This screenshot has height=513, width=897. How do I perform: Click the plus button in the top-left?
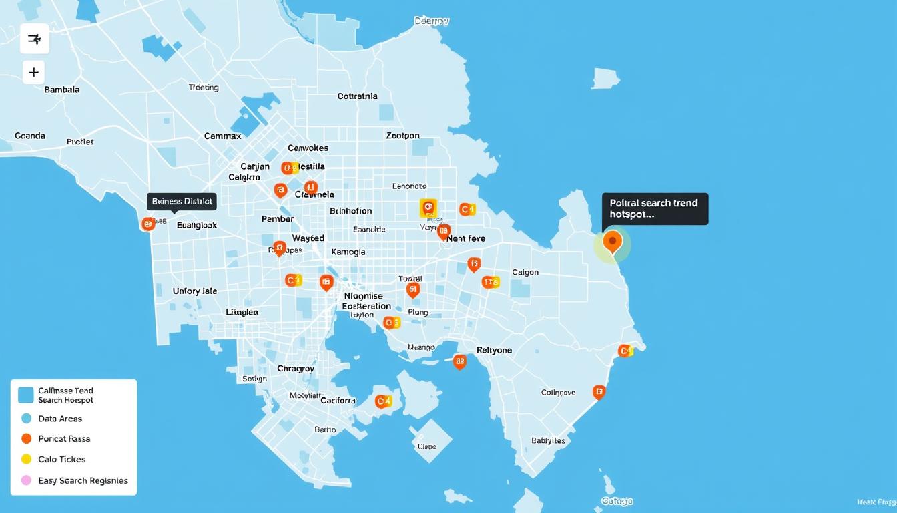33,72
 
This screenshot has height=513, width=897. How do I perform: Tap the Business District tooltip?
182,201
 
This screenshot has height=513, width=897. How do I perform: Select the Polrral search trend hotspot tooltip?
654,209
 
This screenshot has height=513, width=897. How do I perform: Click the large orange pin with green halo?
612,242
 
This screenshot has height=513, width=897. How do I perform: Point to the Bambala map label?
62,89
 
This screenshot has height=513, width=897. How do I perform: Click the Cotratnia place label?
357,96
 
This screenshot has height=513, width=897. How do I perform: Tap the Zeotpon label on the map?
402,136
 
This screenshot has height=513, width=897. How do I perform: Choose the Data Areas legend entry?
60,419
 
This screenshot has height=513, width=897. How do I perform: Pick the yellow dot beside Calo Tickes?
27,459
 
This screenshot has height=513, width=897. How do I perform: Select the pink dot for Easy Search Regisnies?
27,480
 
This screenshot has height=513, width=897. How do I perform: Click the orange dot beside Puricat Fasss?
27,439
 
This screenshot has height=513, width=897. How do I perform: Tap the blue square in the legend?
26,395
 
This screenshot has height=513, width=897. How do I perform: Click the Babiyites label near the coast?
548,441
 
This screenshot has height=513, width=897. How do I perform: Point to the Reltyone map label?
494,350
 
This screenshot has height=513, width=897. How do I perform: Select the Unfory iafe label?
195,291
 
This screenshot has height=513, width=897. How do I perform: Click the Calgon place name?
525,273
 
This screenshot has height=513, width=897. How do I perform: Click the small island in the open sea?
605,78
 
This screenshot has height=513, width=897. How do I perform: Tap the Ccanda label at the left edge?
30,136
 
